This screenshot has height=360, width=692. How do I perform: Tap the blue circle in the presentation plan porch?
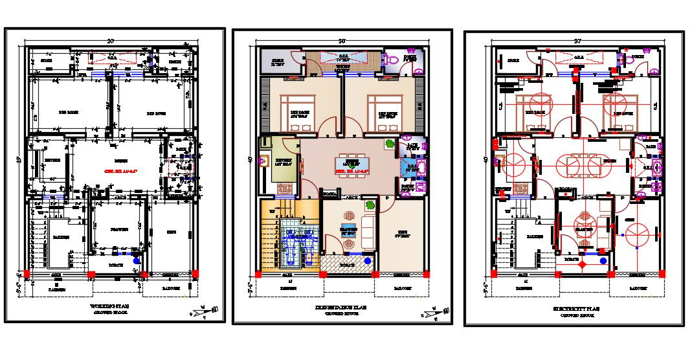coord(368,260)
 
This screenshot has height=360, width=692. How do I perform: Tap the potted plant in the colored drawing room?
coord(370,206)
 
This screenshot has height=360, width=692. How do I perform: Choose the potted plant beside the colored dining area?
coord(389,144)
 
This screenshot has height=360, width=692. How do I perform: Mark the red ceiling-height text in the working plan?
coord(118,172)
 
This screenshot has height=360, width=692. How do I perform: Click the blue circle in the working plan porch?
coord(135,260)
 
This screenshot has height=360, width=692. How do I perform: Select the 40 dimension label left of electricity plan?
coord(486,159)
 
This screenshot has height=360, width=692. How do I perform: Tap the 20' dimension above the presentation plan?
coord(342,42)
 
